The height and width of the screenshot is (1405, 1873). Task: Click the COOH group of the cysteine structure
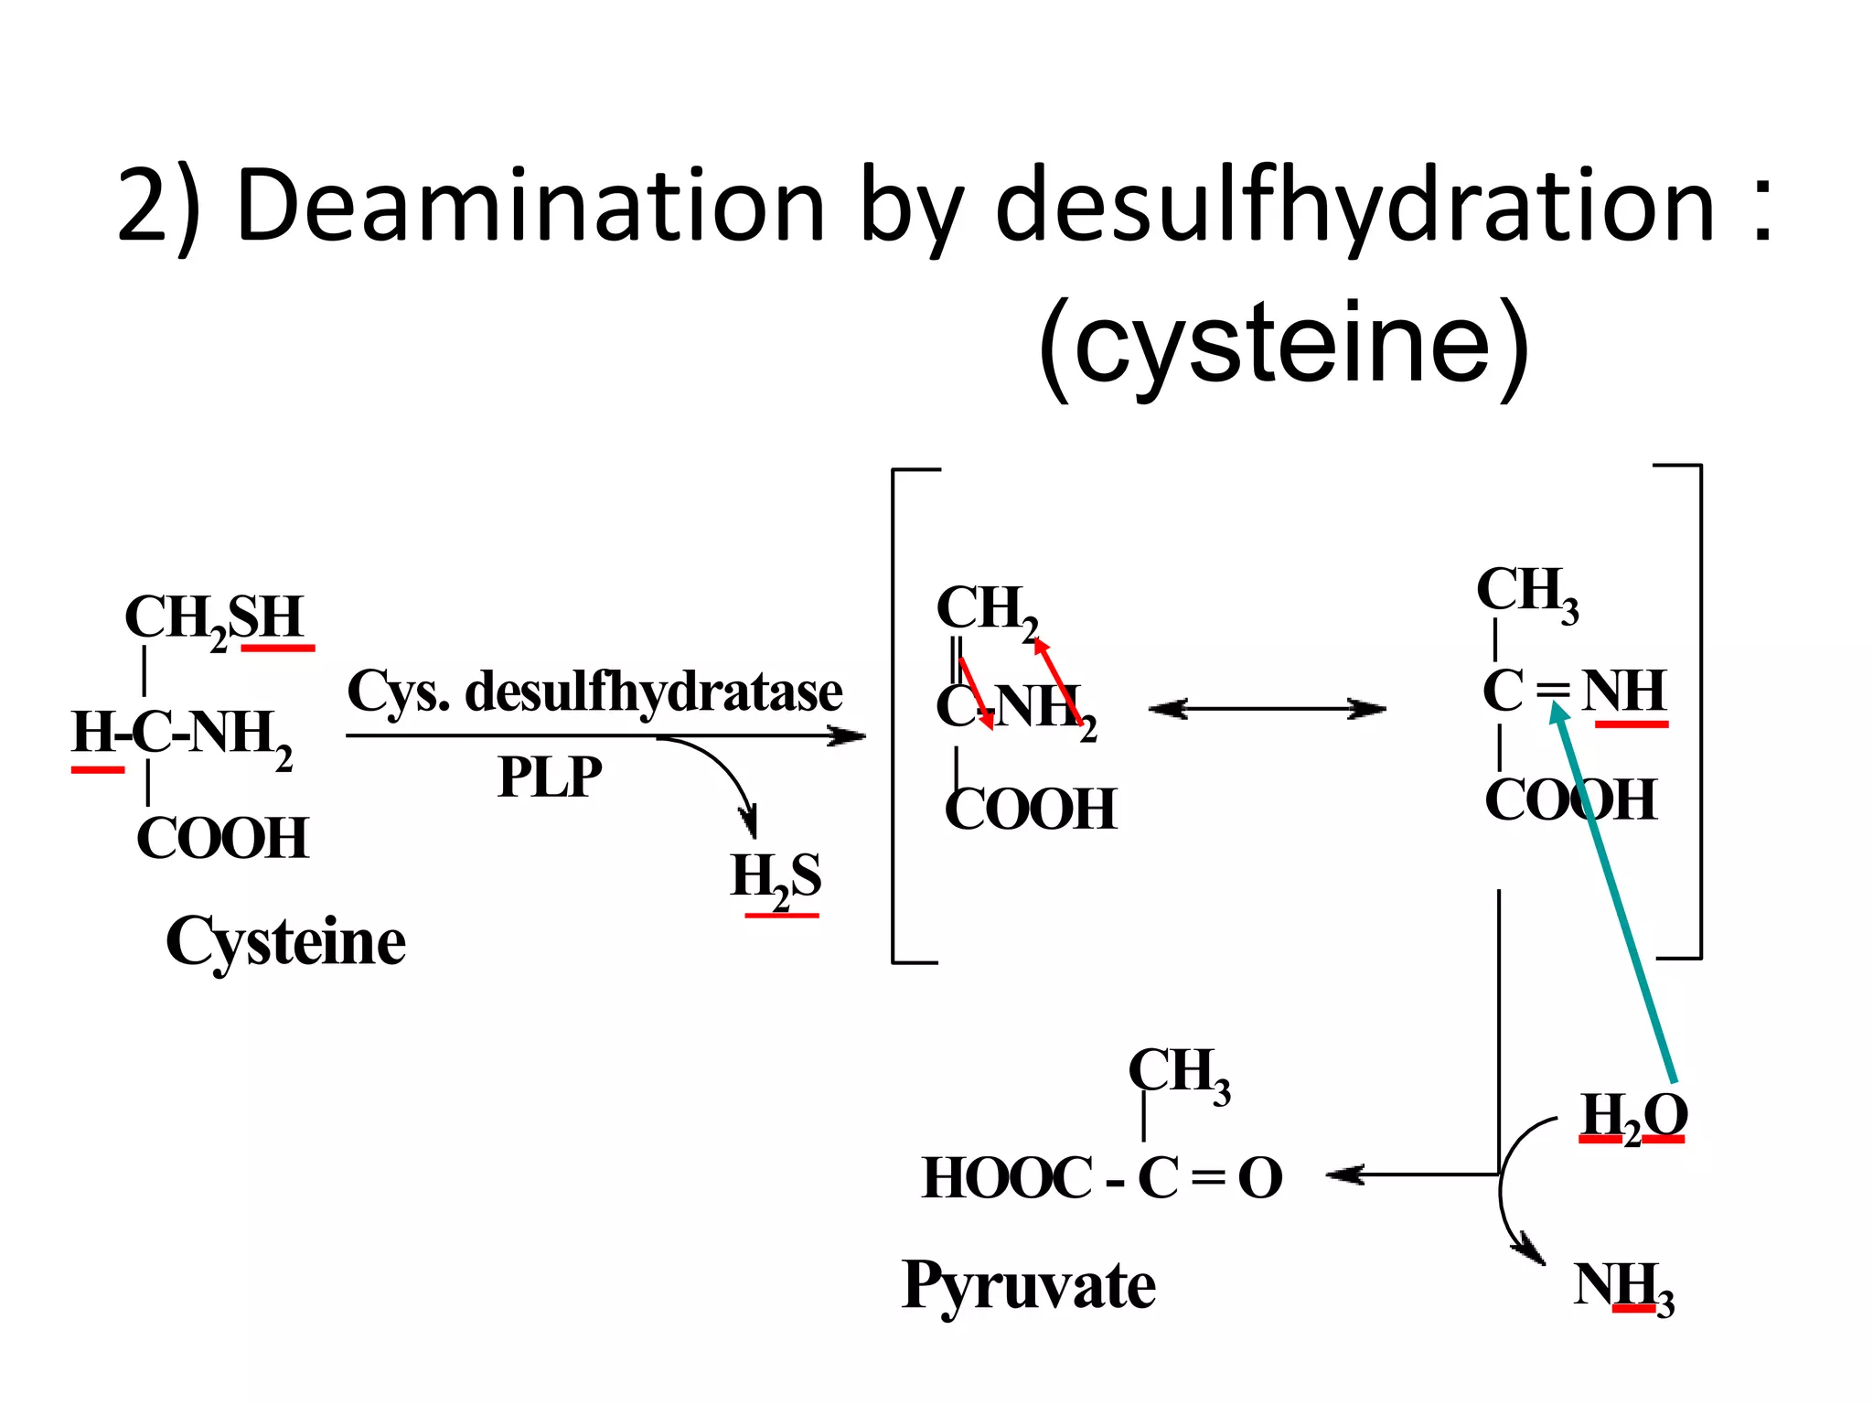coord(222,838)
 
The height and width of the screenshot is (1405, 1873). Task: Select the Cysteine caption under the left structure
coord(285,942)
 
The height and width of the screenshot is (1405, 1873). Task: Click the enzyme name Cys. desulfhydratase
coord(594,692)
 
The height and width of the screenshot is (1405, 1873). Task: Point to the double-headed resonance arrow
coord(1267,709)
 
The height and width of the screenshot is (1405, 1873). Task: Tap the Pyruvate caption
coord(1029,1285)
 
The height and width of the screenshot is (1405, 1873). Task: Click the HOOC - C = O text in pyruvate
coord(1102,1178)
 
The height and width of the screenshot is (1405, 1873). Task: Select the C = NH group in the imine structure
coord(1573,692)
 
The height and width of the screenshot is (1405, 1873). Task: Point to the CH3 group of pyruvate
coord(1179,1073)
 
